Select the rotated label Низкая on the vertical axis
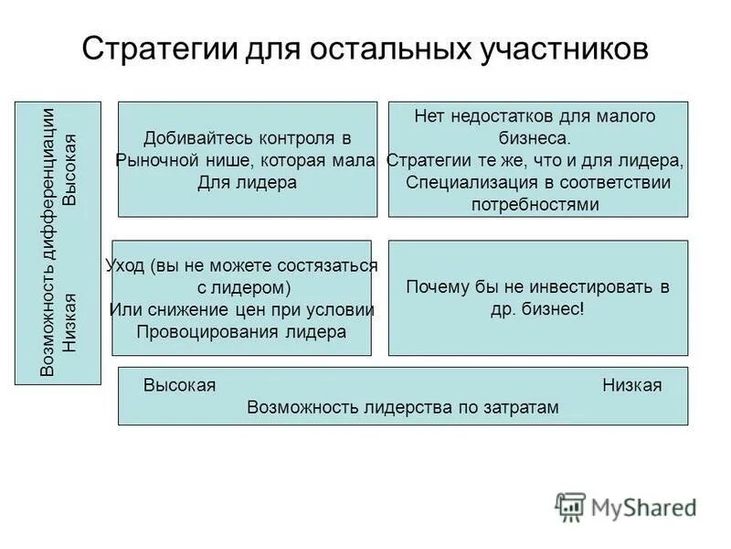[x=70, y=323]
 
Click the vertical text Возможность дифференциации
[x=49, y=242]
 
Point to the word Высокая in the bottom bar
[x=179, y=385]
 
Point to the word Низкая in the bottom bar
[x=631, y=385]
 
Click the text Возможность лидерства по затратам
[x=402, y=408]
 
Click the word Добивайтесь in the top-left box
[x=187, y=138]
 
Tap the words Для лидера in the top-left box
[x=248, y=182]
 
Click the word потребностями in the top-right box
[x=535, y=204]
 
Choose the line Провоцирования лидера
[x=241, y=331]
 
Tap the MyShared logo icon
[x=571, y=506]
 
